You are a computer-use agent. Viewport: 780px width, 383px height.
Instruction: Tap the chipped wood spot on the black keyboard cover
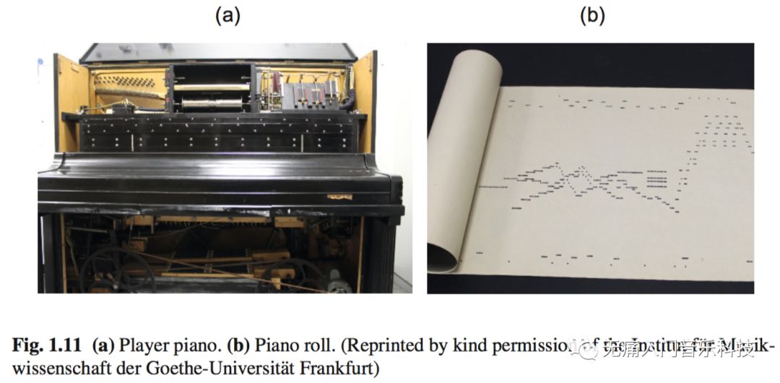pyautogui.click(x=339, y=196)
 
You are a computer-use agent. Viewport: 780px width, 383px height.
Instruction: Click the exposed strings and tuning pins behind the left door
pyautogui.click(x=127, y=87)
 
